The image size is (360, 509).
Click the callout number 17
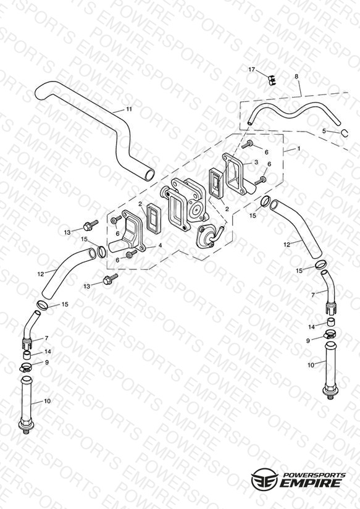coord(252,69)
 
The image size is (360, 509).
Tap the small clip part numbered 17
coord(272,80)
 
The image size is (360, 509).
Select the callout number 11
coord(129,109)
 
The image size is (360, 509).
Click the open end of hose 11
coord(149,175)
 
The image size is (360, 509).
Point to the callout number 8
coord(296,76)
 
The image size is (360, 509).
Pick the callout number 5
coord(324,131)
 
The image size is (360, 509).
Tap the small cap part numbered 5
coord(345,132)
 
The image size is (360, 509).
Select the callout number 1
coord(299,148)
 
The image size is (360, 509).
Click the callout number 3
coord(256,162)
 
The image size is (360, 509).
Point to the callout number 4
coord(161,246)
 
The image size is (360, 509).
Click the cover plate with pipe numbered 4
coord(127,234)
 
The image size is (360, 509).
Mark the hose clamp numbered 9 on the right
coord(329,334)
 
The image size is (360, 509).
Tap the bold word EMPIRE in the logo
coord(311,484)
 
